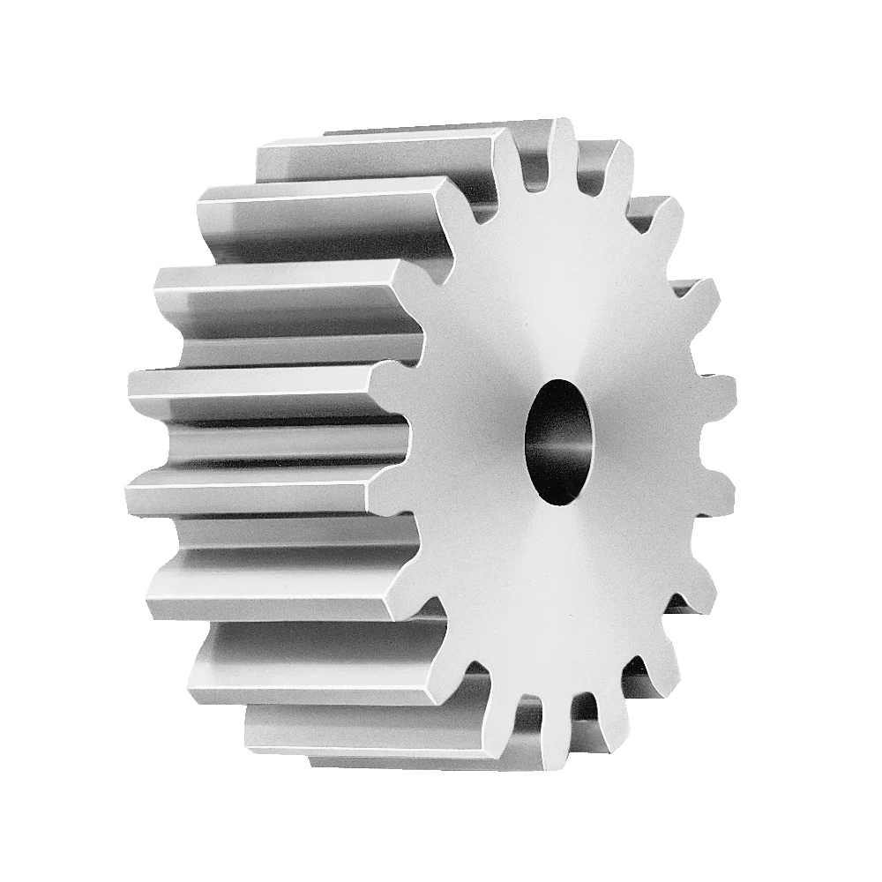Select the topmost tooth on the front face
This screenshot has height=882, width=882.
[561, 146]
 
